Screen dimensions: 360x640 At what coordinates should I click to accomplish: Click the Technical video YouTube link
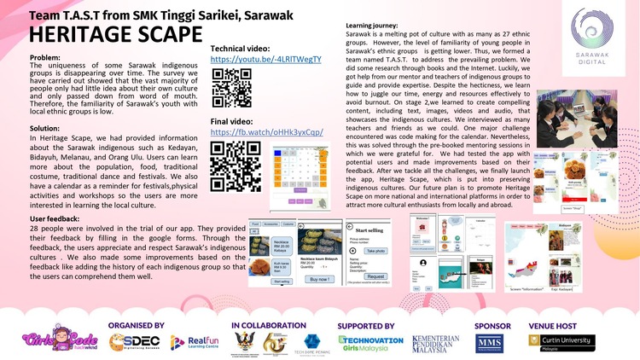click(x=265, y=60)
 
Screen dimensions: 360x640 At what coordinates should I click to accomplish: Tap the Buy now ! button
click(x=317, y=279)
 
